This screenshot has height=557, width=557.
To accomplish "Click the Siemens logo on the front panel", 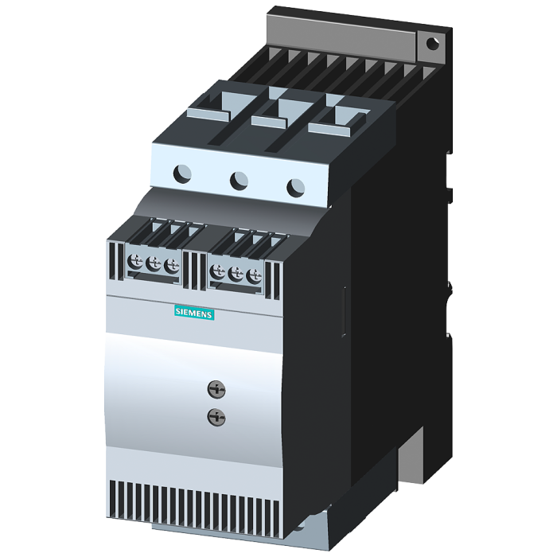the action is [x=194, y=313].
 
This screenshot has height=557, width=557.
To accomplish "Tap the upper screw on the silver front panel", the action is [x=216, y=388].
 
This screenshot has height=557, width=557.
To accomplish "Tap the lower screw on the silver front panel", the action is [x=216, y=417].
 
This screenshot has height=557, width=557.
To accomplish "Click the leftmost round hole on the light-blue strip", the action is [x=182, y=173].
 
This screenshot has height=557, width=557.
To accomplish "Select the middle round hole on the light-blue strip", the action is [x=239, y=181].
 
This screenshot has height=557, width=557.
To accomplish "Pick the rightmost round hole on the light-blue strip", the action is [x=296, y=188].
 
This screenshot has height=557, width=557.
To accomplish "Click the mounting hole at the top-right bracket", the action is [x=432, y=44].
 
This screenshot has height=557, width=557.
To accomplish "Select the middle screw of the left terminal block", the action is [x=154, y=264].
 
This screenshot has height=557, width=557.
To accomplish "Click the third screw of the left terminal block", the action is [x=172, y=266].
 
